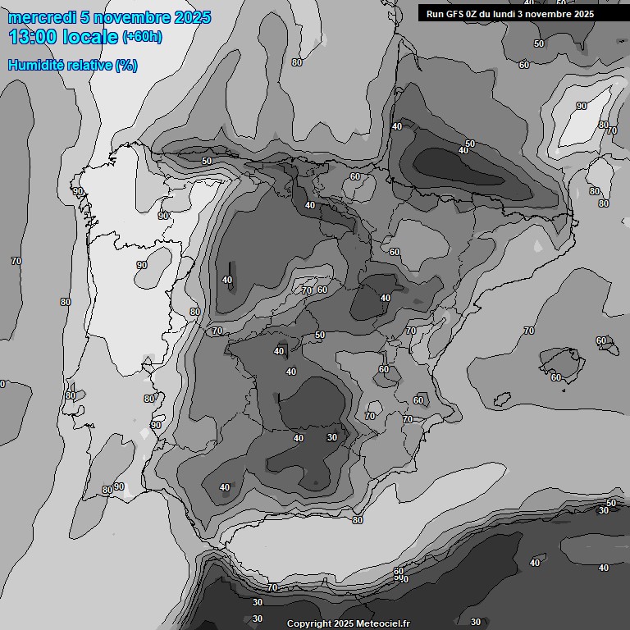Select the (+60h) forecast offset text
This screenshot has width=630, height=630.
pyautogui.click(x=142, y=37)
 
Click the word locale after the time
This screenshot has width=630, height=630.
pyautogui.click(x=90, y=37)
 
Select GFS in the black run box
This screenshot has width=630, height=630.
pyautogui.click(x=454, y=14)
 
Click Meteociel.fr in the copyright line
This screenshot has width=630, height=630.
pyautogui.click(x=381, y=624)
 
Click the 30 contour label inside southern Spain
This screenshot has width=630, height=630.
pyautogui.click(x=331, y=437)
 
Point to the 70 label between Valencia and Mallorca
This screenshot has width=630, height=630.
pyautogui.click(x=529, y=331)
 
